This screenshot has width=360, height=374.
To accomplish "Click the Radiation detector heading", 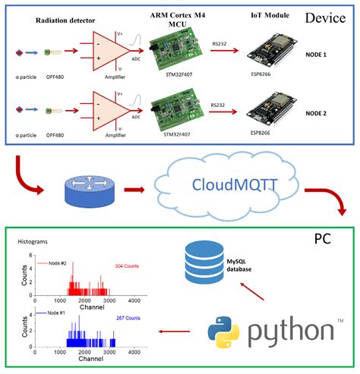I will click(x=73, y=21).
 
